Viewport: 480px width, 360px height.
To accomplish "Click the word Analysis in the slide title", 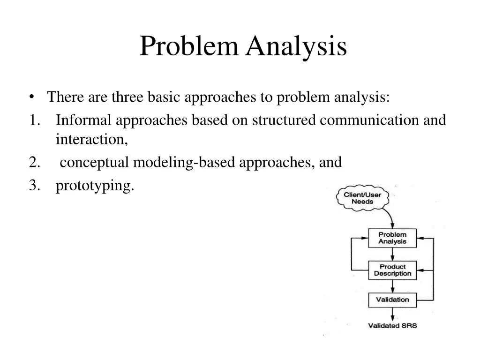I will point(297,47).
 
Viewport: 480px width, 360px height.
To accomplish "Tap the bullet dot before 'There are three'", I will point(31,97).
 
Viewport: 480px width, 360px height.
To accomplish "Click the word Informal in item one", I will point(84,120).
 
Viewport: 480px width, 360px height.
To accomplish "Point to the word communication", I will point(370,120).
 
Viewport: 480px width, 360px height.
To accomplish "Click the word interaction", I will point(91,139).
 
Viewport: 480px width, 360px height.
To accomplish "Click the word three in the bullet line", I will point(128,97).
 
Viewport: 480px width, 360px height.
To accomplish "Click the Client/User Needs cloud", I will point(362,198).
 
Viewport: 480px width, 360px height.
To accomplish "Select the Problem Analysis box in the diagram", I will point(392,238).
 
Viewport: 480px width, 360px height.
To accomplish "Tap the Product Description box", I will point(392,270).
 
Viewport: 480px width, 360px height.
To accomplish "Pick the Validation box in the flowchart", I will point(392,300).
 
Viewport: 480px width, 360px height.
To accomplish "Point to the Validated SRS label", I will point(392,326).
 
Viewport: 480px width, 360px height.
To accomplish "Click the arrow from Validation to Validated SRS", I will point(392,314).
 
